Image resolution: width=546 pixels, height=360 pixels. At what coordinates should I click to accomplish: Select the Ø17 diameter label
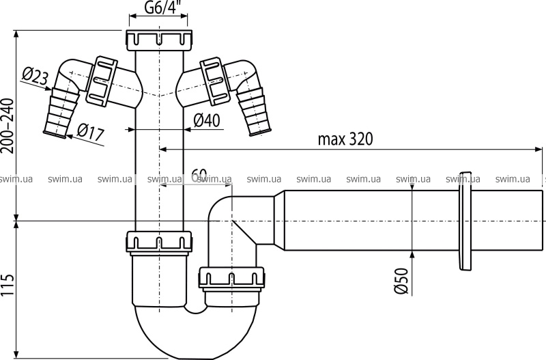(89, 130)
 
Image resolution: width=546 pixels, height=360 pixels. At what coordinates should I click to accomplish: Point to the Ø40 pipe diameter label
(205, 120)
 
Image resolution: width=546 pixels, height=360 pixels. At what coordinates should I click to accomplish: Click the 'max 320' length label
(345, 139)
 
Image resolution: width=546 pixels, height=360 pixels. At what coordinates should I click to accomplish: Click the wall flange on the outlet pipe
(466, 223)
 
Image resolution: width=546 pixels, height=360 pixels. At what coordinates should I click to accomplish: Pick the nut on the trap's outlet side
(231, 279)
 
